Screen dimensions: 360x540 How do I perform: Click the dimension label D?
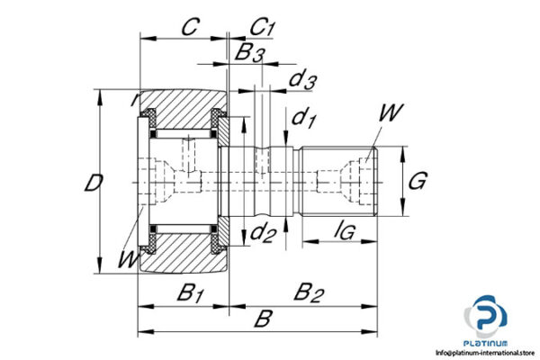click(x=92, y=183)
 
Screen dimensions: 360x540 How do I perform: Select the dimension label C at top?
click(x=189, y=27)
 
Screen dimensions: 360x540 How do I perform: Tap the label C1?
click(x=262, y=27)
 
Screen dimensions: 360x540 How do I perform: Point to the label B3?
click(x=249, y=53)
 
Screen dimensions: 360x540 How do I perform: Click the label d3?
click(x=301, y=80)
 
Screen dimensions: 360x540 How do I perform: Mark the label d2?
click(x=262, y=234)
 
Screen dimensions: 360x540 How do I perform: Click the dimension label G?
click(x=417, y=181)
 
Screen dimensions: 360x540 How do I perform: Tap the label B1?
click(x=189, y=292)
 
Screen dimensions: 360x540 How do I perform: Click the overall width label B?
click(x=263, y=318)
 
